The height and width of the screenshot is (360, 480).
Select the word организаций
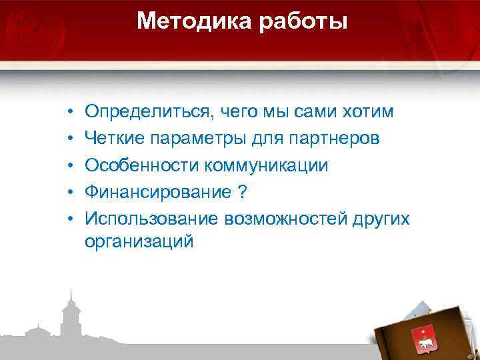click(139, 241)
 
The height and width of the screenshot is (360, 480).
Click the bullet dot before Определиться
click(69, 111)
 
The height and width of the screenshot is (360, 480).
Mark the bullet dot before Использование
click(69, 219)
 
